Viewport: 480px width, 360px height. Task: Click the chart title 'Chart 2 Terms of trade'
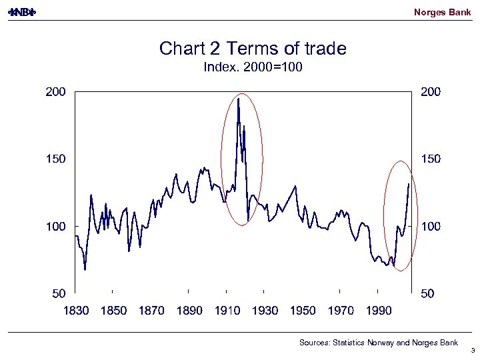coord(253,49)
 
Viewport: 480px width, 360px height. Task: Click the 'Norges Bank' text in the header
coord(442,12)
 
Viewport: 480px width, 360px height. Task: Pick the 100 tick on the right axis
coord(430,227)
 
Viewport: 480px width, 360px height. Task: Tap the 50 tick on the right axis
coord(428,293)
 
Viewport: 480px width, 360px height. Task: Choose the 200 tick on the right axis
coord(430,92)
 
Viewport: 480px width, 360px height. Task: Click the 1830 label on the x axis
coord(75,311)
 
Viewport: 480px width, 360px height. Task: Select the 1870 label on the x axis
coord(151,311)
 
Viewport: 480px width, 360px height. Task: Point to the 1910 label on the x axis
coord(227,311)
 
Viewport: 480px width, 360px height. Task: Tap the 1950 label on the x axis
coord(303,311)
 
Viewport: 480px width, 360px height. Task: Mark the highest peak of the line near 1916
coord(238,99)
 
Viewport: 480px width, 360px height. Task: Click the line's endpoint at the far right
coord(409,183)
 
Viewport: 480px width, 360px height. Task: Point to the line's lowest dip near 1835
coord(85,269)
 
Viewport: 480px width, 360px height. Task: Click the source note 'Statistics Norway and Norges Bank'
coord(379,343)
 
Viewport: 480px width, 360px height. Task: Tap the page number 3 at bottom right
coord(472,350)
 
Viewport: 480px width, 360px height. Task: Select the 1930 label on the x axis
coord(265,311)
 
